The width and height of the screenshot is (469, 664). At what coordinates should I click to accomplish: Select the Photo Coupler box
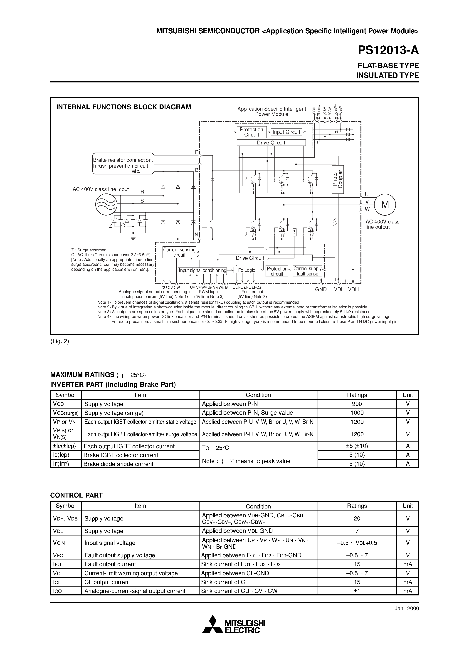click(x=337, y=180)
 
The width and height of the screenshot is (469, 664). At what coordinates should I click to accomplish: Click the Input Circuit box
click(x=286, y=132)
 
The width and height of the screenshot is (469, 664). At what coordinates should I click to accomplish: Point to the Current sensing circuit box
click(x=179, y=252)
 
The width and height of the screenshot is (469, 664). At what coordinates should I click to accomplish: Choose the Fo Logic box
click(x=247, y=270)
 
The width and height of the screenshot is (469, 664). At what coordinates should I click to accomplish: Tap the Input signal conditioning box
click(x=202, y=270)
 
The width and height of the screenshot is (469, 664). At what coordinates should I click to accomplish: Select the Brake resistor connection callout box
click(x=123, y=164)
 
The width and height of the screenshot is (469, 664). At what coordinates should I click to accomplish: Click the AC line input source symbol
click(x=106, y=204)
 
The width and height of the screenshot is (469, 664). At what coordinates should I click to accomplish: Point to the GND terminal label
click(x=321, y=289)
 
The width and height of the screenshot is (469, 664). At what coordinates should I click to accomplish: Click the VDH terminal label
click(x=353, y=289)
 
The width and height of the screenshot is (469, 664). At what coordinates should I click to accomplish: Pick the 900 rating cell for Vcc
click(x=357, y=404)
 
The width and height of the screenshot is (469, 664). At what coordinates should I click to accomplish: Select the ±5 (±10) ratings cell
click(x=357, y=446)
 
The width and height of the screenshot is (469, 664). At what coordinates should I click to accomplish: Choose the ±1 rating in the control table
click(x=357, y=591)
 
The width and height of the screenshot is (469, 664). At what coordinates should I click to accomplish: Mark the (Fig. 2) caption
click(x=59, y=341)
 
